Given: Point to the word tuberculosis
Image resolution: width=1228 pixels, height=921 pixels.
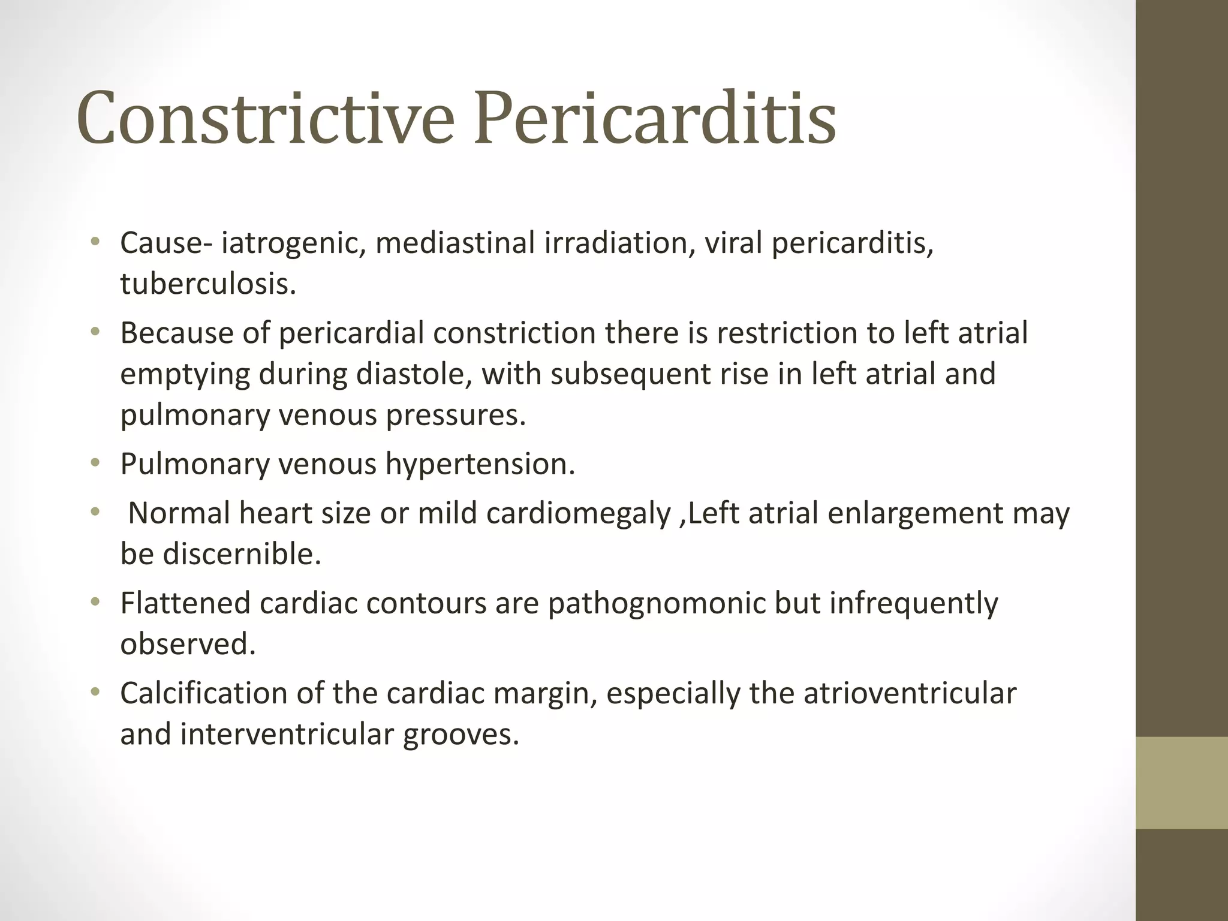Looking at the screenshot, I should (208, 284).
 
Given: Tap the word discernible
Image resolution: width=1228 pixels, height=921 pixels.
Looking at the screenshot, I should (242, 554).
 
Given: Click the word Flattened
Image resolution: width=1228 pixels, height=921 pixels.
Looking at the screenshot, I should (185, 603).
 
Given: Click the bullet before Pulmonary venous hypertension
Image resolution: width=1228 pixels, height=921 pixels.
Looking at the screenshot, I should (94, 463).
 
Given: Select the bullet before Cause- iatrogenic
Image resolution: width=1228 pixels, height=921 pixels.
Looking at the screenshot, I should (94, 243).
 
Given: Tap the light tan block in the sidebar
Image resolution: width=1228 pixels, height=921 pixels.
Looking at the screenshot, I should (1182, 783).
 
